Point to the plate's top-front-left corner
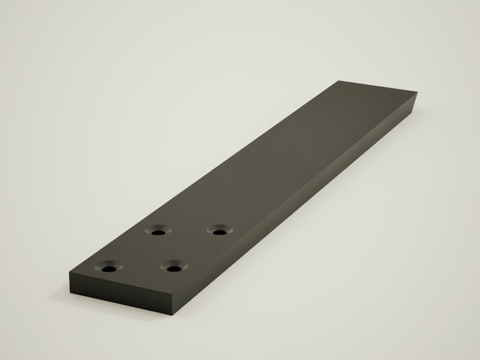[69, 273]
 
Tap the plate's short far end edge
[377, 86]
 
